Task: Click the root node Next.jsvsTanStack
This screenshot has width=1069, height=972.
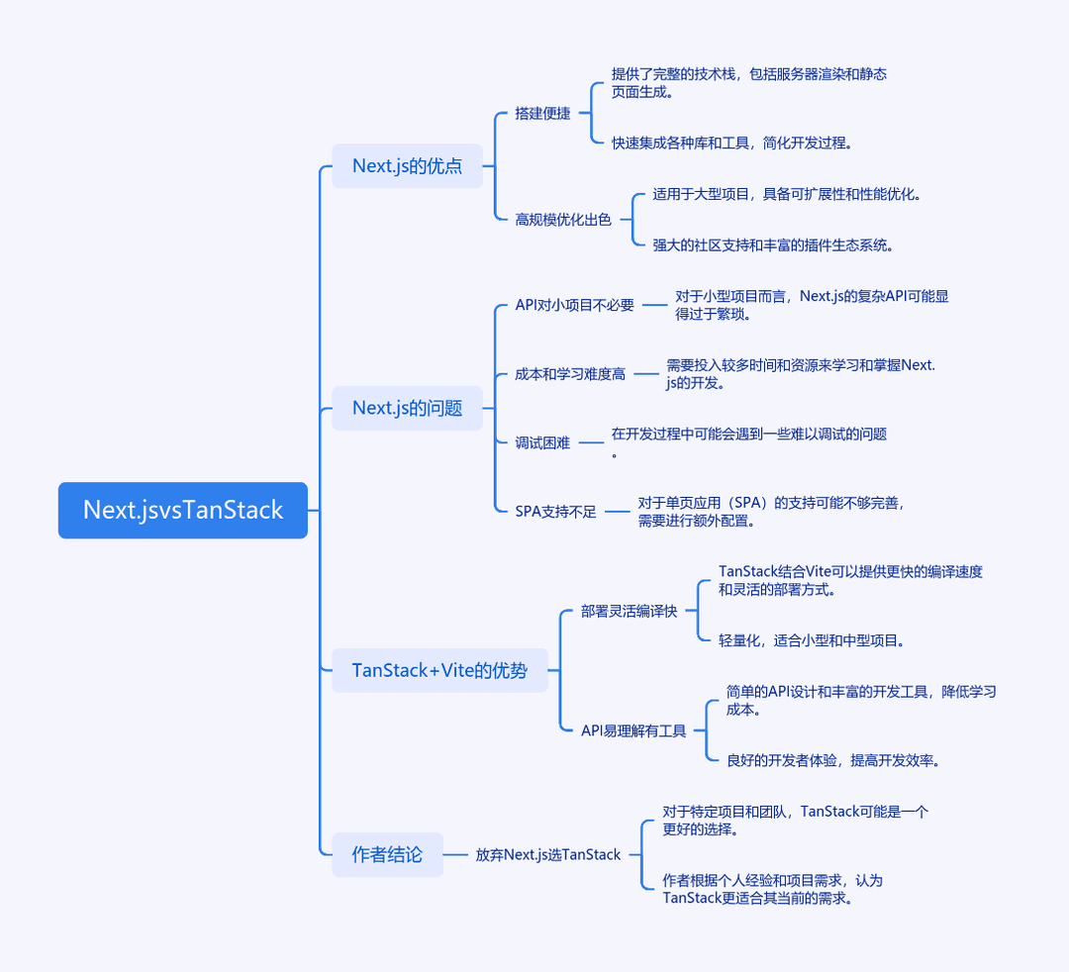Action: click(x=183, y=510)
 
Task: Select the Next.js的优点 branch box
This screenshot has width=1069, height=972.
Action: click(x=407, y=165)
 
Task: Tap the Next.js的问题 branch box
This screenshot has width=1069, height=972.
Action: click(x=407, y=408)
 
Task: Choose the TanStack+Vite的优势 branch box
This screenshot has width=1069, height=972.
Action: click(x=439, y=670)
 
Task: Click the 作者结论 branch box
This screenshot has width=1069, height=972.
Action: click(x=387, y=854)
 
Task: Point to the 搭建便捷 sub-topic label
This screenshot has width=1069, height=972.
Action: click(x=542, y=113)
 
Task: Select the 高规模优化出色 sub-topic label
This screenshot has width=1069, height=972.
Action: click(x=563, y=220)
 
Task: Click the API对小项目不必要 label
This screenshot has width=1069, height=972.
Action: click(x=575, y=305)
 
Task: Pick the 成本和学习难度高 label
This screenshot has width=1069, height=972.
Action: click(x=570, y=373)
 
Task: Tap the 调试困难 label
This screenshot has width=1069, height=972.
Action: click(x=542, y=442)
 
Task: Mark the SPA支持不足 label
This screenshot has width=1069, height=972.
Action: click(x=555, y=511)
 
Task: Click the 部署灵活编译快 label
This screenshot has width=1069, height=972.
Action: click(x=629, y=611)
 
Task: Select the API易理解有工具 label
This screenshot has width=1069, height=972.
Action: click(x=633, y=730)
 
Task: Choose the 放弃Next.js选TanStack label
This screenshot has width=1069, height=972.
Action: click(x=548, y=854)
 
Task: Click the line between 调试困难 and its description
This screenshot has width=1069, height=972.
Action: click(x=591, y=442)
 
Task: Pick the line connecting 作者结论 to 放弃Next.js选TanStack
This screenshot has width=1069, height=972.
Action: click(x=455, y=854)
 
